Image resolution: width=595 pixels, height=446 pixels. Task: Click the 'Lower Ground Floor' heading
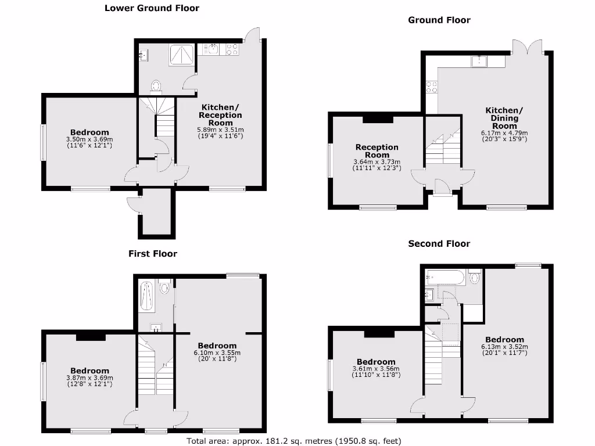coord(152,8)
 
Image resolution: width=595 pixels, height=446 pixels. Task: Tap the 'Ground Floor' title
coord(439,20)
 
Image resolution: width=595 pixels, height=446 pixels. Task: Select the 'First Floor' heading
coord(152,253)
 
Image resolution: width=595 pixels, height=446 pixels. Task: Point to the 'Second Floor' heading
coord(439,243)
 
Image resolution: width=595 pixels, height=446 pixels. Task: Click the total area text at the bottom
coord(293,441)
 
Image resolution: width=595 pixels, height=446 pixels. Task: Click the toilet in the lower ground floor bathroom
coord(155,86)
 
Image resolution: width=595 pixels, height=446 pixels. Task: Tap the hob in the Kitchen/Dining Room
coord(432,87)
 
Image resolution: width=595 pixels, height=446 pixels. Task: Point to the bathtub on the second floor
coord(445,277)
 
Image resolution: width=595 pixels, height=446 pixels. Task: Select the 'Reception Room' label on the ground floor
coord(377,151)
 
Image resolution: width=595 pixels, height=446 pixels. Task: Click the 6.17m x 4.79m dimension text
coord(504,132)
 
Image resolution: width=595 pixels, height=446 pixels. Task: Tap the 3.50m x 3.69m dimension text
coord(89,139)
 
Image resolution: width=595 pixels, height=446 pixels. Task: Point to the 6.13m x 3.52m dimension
coord(504,347)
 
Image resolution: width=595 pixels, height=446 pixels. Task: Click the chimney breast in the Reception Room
coord(378,118)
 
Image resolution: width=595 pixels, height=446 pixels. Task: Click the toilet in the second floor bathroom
coord(474,278)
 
